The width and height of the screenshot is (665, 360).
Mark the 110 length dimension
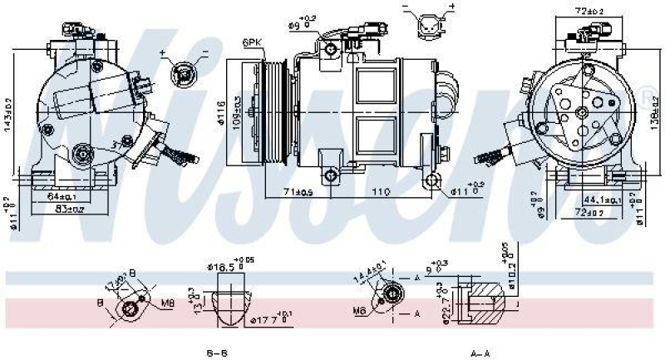380,192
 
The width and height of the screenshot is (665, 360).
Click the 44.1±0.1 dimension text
600,200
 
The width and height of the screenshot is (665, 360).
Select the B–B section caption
217,353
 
